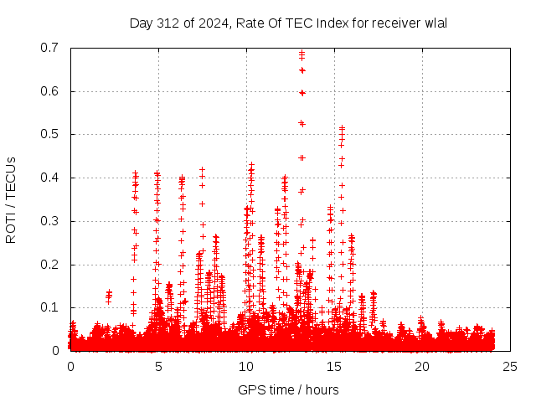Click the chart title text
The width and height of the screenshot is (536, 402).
288,23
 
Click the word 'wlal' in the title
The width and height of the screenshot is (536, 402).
435,23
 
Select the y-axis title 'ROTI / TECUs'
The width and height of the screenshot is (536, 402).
12,198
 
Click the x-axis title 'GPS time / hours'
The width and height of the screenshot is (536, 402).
288,389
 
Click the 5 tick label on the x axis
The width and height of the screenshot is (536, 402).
158,367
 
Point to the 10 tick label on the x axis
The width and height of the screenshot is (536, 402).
246,367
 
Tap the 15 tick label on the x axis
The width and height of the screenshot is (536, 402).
334,367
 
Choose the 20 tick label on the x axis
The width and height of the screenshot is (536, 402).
422,367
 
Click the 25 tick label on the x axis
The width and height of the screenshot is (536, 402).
510,367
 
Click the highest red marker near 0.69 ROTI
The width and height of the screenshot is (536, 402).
301,53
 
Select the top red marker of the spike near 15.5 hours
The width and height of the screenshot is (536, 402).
342,128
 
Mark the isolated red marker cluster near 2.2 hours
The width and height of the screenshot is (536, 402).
109,295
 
